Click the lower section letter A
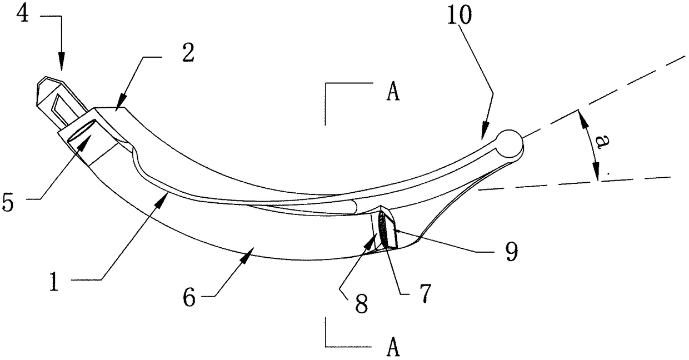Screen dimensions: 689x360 point(392,348)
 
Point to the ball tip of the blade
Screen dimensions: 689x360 point(510,143)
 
